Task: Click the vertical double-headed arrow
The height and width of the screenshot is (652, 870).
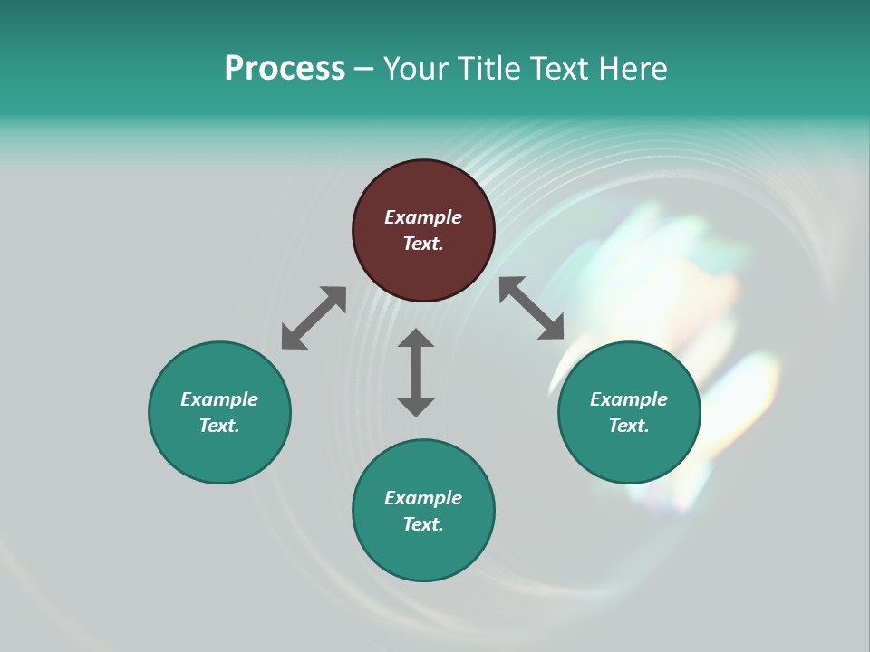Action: (x=416, y=372)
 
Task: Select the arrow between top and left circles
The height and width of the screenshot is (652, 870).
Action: (x=314, y=318)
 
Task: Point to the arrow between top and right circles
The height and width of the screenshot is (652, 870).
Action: (x=532, y=308)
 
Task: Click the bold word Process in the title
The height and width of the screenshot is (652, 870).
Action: (x=285, y=69)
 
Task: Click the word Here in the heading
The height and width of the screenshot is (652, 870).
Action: (x=632, y=69)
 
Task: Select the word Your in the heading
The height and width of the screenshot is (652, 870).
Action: (x=416, y=69)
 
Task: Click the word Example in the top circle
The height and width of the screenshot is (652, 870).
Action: (x=423, y=217)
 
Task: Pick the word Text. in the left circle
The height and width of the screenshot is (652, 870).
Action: (x=219, y=426)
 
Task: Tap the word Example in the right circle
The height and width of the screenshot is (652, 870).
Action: (x=629, y=399)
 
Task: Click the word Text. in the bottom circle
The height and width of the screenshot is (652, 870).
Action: (x=423, y=524)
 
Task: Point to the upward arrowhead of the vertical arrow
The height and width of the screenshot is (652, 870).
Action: (x=416, y=339)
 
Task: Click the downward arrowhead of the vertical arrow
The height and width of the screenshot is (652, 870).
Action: (x=416, y=407)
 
